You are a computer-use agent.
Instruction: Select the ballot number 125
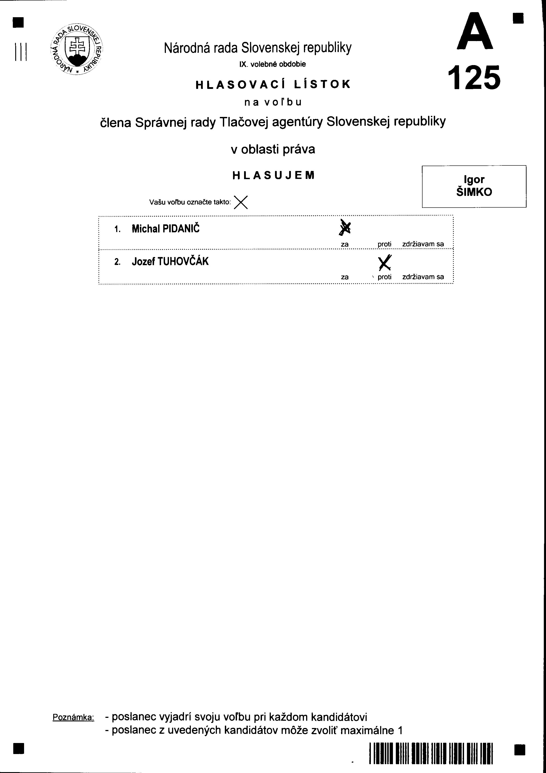[474, 78]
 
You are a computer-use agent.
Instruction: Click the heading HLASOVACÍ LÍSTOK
[273, 84]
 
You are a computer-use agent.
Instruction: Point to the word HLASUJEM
[273, 175]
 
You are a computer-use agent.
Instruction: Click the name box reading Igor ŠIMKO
[474, 186]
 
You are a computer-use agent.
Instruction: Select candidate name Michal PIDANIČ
[165, 229]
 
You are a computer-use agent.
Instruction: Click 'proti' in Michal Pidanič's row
[384, 244]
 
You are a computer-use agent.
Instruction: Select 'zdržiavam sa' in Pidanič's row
[423, 244]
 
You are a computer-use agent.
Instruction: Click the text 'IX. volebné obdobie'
[273, 64]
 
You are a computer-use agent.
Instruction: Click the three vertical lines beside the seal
[21, 52]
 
